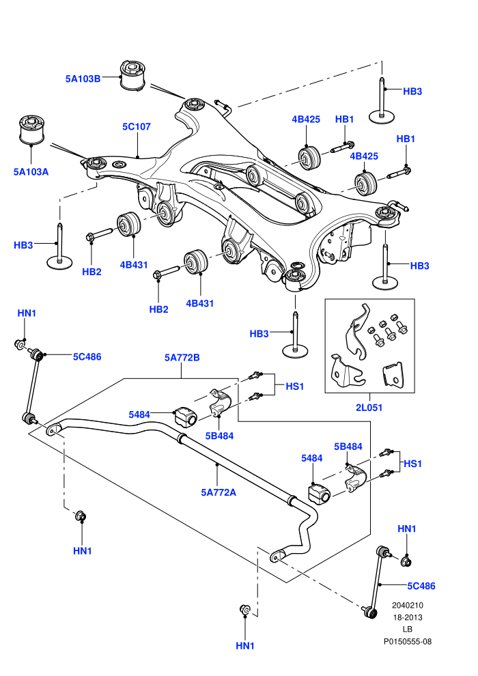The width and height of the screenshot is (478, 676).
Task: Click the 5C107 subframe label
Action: tap(137, 126)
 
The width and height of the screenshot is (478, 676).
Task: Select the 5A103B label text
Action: tap(83, 79)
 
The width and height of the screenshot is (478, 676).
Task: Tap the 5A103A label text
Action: tap(31, 171)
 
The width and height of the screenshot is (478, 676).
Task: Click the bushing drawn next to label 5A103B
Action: tap(132, 76)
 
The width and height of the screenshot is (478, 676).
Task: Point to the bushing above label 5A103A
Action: tap(32, 130)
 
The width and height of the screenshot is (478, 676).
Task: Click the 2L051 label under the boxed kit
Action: tap(369, 407)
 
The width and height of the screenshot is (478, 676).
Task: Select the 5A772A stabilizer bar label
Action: tap(219, 492)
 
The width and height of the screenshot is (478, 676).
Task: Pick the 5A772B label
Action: tap(182, 357)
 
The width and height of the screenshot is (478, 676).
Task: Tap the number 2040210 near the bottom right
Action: tap(407, 605)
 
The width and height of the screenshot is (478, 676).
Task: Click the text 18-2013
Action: tap(407, 617)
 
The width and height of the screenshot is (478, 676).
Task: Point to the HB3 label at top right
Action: tap(412, 91)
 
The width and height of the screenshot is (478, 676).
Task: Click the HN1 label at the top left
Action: tap(27, 313)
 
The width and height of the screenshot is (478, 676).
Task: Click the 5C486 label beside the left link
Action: tap(87, 356)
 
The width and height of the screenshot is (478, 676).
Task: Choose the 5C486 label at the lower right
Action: tap(421, 586)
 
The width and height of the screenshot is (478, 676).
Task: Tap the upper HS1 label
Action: tap(295, 386)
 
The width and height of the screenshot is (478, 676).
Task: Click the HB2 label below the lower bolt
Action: tap(158, 309)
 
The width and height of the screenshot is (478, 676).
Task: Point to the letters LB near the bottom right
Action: tap(407, 630)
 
